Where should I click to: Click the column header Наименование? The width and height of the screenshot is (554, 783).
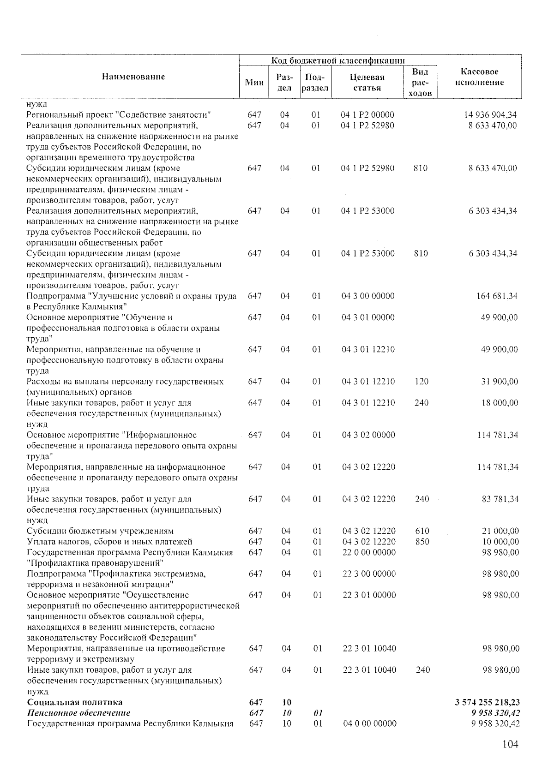pos(133,77)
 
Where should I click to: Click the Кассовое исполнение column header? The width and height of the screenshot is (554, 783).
pos(479,77)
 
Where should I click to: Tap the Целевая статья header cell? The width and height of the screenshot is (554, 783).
pos(367,83)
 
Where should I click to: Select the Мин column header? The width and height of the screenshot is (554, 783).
pos(254,83)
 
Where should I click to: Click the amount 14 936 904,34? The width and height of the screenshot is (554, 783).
pos(490,115)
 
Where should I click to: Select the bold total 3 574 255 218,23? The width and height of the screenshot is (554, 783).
pos(487,702)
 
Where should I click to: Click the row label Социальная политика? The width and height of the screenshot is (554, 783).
pos(75,702)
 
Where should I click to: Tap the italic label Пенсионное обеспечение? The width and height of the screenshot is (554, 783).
pos(78,713)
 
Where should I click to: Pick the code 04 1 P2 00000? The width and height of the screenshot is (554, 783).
pos(367,115)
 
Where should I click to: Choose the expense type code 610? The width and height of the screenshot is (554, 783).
pos(422,531)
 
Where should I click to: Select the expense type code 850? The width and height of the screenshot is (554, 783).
pos(422,542)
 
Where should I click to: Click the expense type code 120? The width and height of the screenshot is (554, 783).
pos(421,382)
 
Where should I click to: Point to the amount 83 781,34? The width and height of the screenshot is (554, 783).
pos(500,499)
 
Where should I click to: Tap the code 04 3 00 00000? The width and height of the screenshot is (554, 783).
pos(368,296)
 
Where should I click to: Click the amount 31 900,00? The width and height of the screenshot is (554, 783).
pos(500,382)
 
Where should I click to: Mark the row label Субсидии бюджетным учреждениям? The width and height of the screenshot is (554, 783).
pos(100,531)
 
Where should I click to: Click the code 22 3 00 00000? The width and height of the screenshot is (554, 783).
pos(369,574)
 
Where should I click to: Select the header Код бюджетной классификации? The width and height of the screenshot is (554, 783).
pos(338,60)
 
